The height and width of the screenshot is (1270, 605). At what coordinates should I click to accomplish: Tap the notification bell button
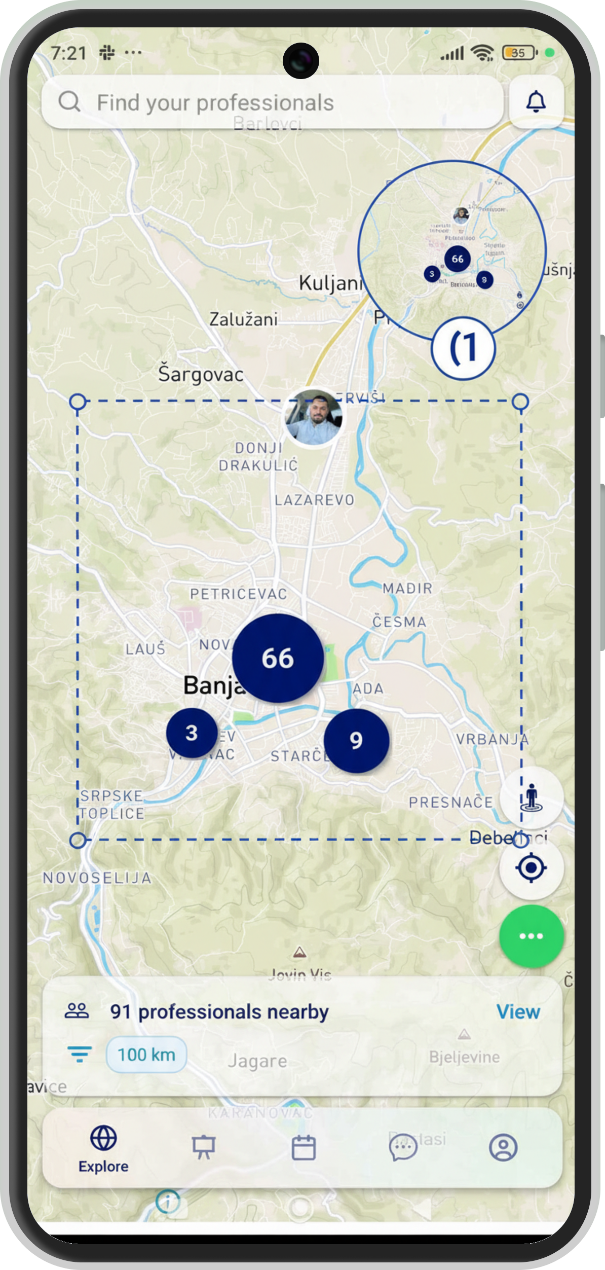pyautogui.click(x=536, y=102)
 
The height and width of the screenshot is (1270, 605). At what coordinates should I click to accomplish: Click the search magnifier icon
pyautogui.click(x=69, y=102)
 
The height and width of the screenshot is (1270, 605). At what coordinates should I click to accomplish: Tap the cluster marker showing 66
pyautogui.click(x=278, y=658)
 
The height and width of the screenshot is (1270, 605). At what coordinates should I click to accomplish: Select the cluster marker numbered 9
pyautogui.click(x=356, y=740)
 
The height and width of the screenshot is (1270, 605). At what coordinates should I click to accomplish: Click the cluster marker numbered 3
pyautogui.click(x=192, y=733)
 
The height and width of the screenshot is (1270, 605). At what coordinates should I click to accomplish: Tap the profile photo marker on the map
pyautogui.click(x=314, y=417)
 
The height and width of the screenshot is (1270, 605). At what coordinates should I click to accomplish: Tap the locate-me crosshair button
pyautogui.click(x=531, y=867)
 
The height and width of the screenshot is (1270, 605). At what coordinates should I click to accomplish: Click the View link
pyautogui.click(x=518, y=1011)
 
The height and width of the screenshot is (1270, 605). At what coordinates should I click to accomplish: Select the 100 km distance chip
pyautogui.click(x=146, y=1055)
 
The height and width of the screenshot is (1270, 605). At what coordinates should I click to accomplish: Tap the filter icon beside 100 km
pyautogui.click(x=80, y=1054)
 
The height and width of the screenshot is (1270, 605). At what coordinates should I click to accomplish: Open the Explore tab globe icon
pyautogui.click(x=103, y=1138)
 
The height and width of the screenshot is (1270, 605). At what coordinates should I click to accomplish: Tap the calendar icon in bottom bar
pyautogui.click(x=304, y=1148)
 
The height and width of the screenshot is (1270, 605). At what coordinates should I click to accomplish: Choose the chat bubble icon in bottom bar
pyautogui.click(x=403, y=1148)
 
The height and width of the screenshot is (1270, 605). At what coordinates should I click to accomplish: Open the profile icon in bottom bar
pyautogui.click(x=503, y=1148)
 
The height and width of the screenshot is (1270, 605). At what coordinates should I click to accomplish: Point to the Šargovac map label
pyautogui.click(x=201, y=374)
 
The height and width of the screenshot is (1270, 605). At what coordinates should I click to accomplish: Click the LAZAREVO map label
pyautogui.click(x=314, y=500)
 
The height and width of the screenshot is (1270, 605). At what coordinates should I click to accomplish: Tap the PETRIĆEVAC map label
pyautogui.click(x=238, y=594)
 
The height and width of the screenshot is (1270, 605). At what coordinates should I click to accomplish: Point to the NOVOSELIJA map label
pyautogui.click(x=97, y=878)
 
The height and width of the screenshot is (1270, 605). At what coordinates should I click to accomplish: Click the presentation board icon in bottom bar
pyautogui.click(x=204, y=1148)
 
